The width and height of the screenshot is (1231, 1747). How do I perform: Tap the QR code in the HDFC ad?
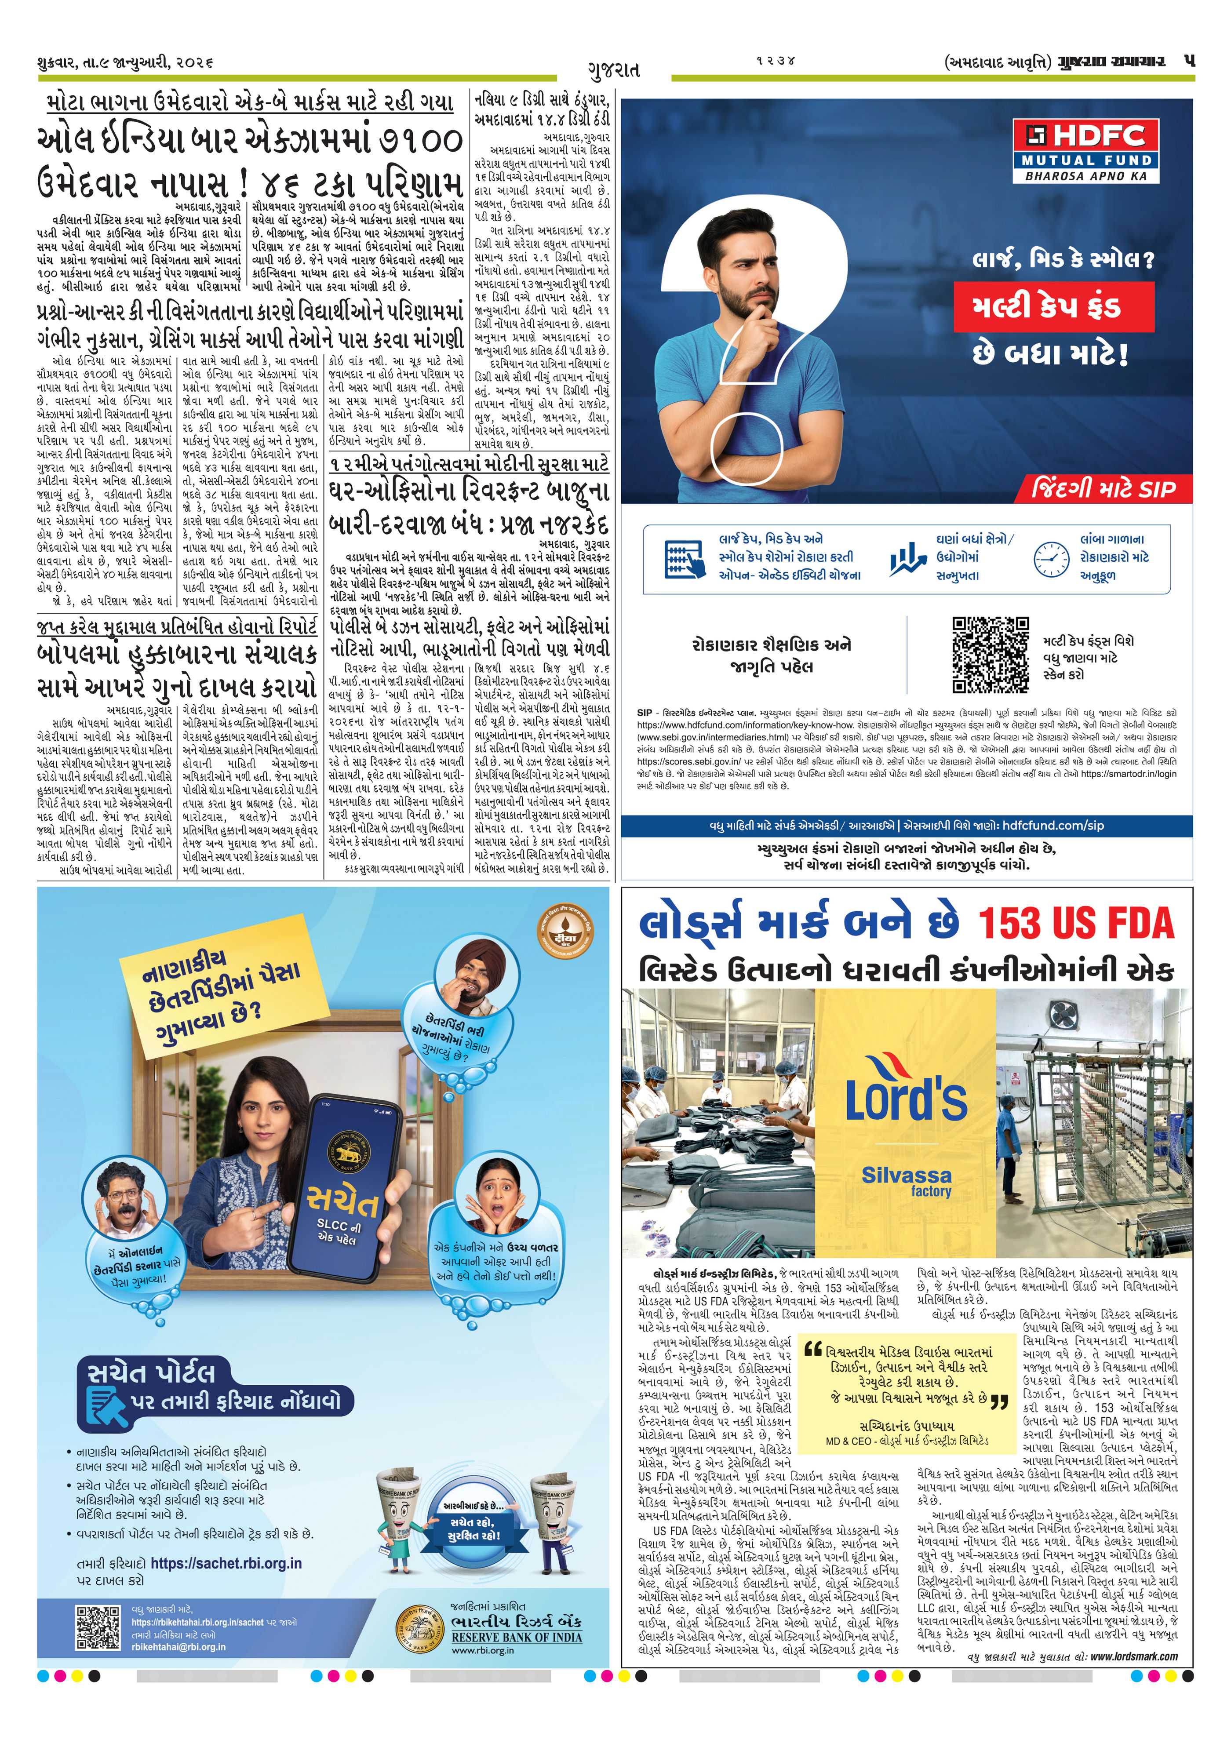(x=991, y=655)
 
